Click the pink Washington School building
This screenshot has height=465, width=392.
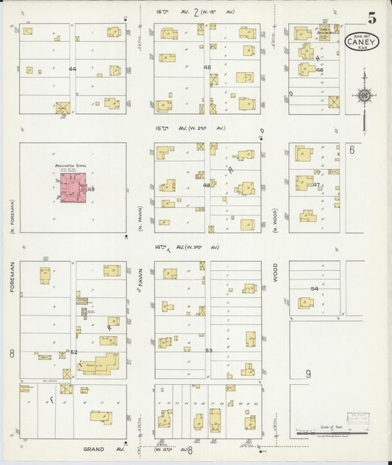coord(71,189)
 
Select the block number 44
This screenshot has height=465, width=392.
coord(72,69)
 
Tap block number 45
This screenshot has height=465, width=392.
coord(207,68)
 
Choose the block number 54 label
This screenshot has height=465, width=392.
coord(314,289)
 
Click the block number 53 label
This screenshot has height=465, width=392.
coord(208,350)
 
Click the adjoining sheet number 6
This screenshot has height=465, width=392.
coord(352,150)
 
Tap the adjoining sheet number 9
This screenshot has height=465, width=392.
coord(308,374)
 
